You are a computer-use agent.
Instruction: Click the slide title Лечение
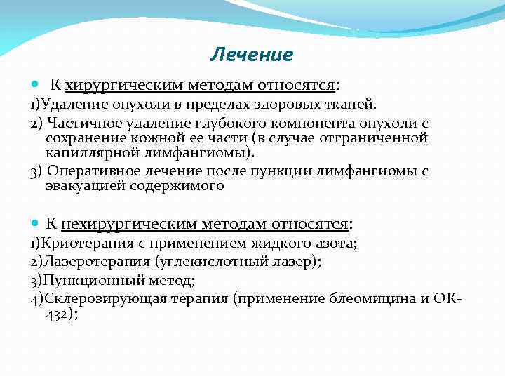click(x=251, y=54)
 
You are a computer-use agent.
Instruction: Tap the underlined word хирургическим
click(x=124, y=85)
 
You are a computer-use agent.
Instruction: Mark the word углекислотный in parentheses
click(x=227, y=262)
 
